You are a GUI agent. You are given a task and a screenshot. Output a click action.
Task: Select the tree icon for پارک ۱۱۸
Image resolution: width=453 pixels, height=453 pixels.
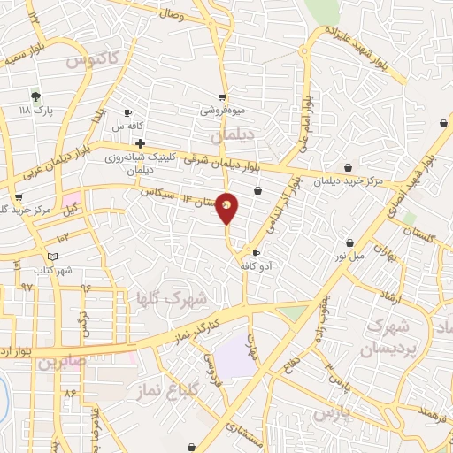pos(35,96)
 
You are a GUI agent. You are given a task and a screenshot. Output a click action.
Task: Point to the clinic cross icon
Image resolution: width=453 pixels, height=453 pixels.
pos(140,142)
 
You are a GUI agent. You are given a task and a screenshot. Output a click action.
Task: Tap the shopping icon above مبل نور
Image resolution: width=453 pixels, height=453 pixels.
pos(350,242)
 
